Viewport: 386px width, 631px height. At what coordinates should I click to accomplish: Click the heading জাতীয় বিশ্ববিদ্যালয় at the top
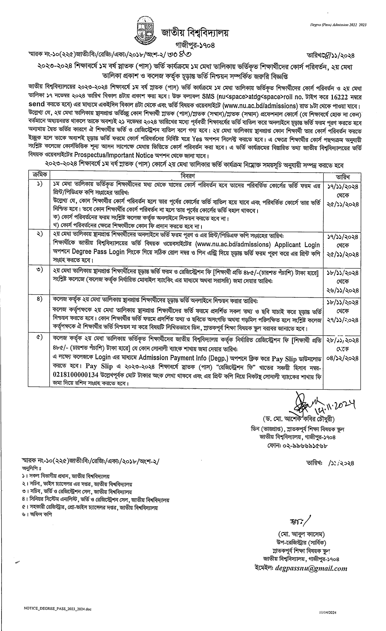coord(195,32)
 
